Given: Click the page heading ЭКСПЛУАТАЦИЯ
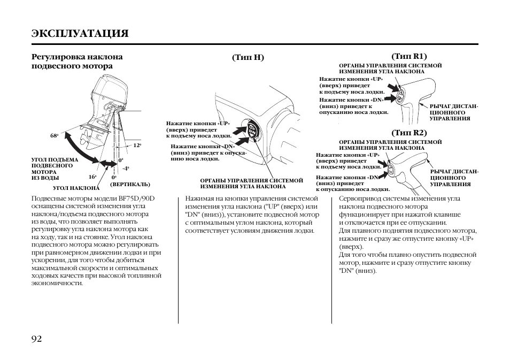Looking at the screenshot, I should (x=80, y=33).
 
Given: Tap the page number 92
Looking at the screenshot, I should (x=37, y=339).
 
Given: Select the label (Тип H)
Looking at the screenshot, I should (x=248, y=57).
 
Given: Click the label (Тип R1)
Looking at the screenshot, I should (x=409, y=56).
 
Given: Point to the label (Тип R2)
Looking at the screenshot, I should (x=409, y=132).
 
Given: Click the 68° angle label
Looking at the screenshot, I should (x=54, y=136).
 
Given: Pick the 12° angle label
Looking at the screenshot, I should (x=137, y=145).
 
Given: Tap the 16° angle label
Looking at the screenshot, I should (x=92, y=176).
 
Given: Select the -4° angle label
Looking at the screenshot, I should (x=126, y=168).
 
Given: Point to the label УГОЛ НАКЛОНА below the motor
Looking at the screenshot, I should (x=76, y=188).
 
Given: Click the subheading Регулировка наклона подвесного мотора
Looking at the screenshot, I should (x=77, y=61).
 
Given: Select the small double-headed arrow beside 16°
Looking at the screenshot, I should (x=109, y=164).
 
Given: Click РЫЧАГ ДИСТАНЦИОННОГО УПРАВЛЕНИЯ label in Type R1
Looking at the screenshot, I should (x=454, y=112).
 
